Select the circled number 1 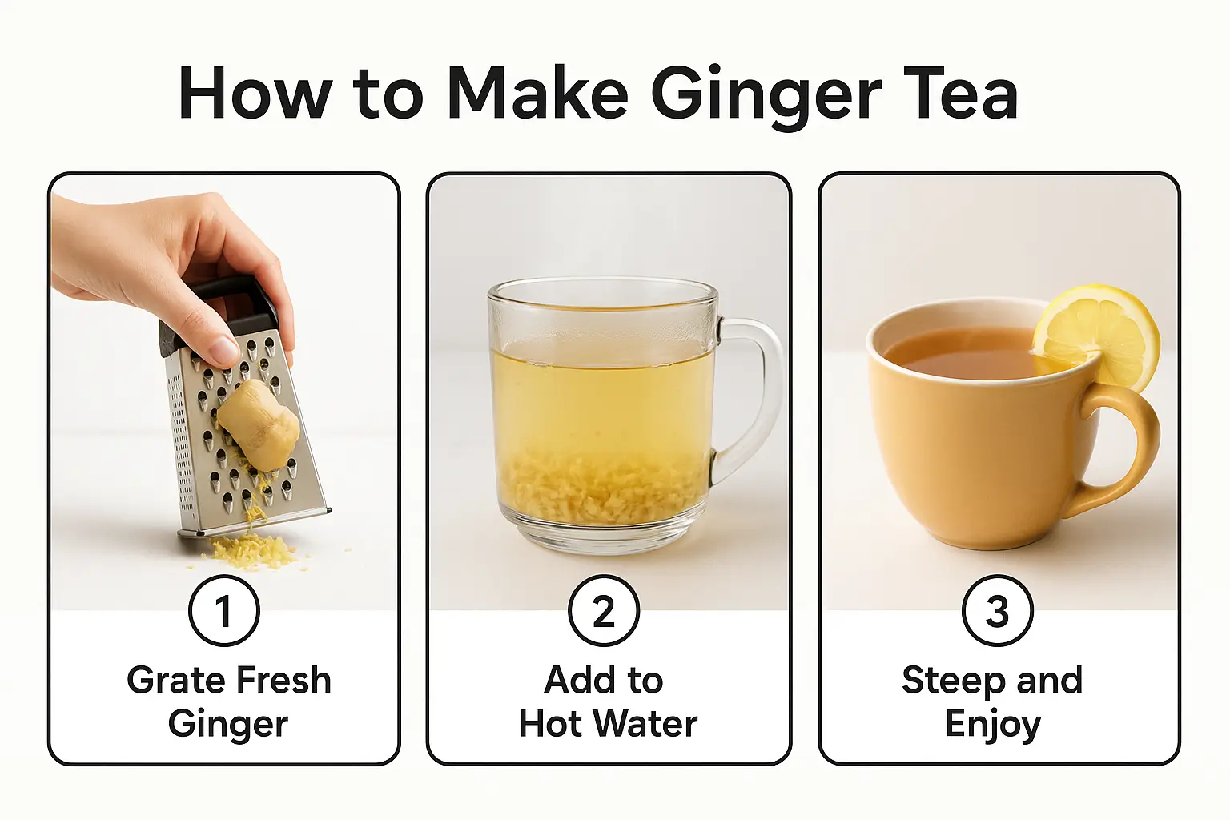point(223,611)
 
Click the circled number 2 point(603,611)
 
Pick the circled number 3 point(997,611)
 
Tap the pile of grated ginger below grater point(248,551)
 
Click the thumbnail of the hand point(223,349)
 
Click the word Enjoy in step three point(993,725)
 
